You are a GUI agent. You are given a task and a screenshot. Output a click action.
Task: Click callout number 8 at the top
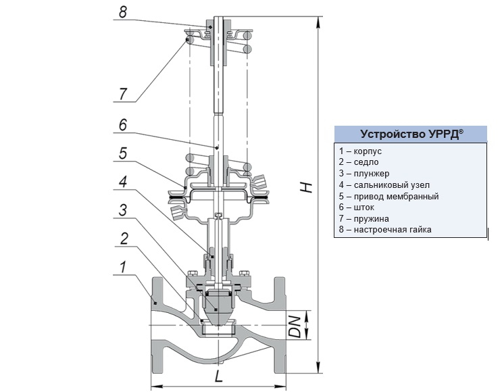pyautogui.click(x=122, y=11)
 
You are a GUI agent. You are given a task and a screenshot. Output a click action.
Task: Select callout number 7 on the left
pyautogui.click(x=123, y=93)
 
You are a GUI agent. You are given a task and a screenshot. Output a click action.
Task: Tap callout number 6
pyautogui.click(x=122, y=125)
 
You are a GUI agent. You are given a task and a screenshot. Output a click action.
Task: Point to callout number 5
pyautogui.click(x=122, y=154)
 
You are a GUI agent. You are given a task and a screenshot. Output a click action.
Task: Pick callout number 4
pyautogui.click(x=122, y=182)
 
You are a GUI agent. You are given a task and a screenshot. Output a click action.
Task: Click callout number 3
pyautogui.click(x=122, y=210)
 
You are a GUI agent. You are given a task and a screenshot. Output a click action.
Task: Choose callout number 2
pyautogui.click(x=124, y=238)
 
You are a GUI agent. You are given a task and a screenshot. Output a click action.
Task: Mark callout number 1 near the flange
pyautogui.click(x=122, y=268)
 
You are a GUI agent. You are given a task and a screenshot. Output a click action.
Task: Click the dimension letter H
pyautogui.click(x=307, y=187)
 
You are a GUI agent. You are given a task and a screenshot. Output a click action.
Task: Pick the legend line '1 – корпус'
pyautogui.click(x=361, y=151)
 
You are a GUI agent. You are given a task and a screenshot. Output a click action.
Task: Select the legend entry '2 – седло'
pyautogui.click(x=359, y=162)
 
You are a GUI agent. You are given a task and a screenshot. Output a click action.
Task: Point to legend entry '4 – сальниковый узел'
pyautogui.click(x=384, y=185)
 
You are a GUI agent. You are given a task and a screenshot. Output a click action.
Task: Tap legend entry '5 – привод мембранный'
pyautogui.click(x=389, y=197)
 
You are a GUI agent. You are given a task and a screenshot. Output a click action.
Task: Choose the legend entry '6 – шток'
pyautogui.click(x=357, y=207)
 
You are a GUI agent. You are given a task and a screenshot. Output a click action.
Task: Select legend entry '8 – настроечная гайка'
pyautogui.click(x=385, y=230)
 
